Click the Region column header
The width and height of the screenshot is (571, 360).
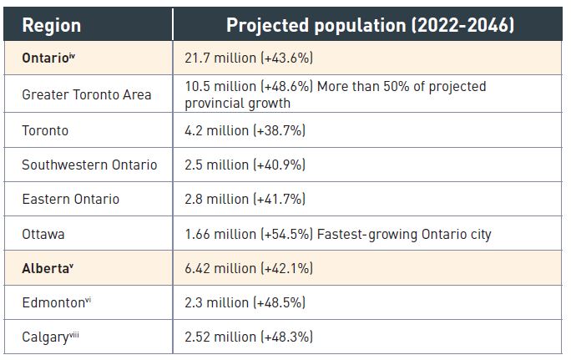pyautogui.click(x=52, y=25)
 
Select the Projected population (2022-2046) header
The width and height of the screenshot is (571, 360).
pyautogui.click(x=370, y=25)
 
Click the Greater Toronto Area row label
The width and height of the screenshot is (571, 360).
pyautogui.click(x=87, y=94)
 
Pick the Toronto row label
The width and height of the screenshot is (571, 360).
pyautogui.click(x=45, y=130)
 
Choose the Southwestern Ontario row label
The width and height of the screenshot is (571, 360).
pyautogui.click(x=89, y=165)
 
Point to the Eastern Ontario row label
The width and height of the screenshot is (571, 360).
pyautogui.click(x=70, y=199)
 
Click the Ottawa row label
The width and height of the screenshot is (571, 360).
pyautogui.click(x=43, y=234)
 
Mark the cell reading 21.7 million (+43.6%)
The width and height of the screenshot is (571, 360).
pyautogui.click(x=249, y=60)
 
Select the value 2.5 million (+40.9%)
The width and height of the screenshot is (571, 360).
pyautogui.click(x=245, y=165)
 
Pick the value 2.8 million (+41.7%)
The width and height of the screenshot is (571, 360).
pyautogui.click(x=245, y=199)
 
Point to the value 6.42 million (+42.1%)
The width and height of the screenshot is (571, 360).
pyautogui.click(x=248, y=268)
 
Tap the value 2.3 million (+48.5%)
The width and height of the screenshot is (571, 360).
pyautogui.click(x=245, y=302)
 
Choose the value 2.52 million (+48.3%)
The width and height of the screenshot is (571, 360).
pyautogui.click(x=249, y=337)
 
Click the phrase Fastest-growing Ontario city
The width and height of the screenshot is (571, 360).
pyautogui.click(x=404, y=234)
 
